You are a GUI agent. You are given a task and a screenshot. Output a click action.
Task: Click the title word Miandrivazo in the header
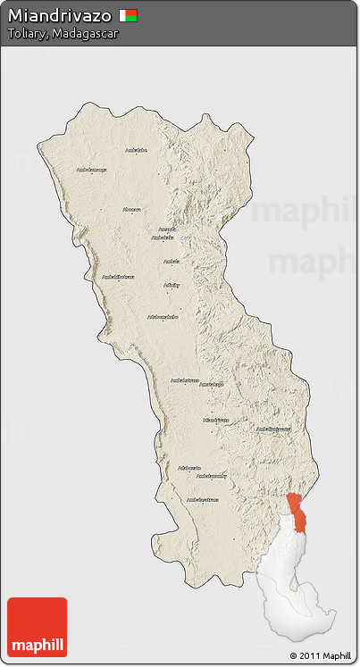[x=60, y=15]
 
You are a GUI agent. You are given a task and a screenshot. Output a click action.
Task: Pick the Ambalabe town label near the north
[x=136, y=150]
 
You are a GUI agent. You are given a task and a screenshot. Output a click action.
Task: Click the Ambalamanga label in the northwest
[x=91, y=170]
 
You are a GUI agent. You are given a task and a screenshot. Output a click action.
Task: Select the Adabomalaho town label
[x=163, y=316]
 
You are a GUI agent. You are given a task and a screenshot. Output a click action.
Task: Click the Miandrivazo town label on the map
[x=216, y=420]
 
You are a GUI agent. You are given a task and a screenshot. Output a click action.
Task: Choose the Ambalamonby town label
[x=211, y=476]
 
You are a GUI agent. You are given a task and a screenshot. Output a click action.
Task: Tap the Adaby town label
[x=172, y=285]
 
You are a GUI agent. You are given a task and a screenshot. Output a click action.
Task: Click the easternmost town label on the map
[x=273, y=429]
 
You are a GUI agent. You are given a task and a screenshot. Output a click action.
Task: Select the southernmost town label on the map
[x=203, y=499]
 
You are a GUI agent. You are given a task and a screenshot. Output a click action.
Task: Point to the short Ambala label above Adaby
[x=171, y=262]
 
